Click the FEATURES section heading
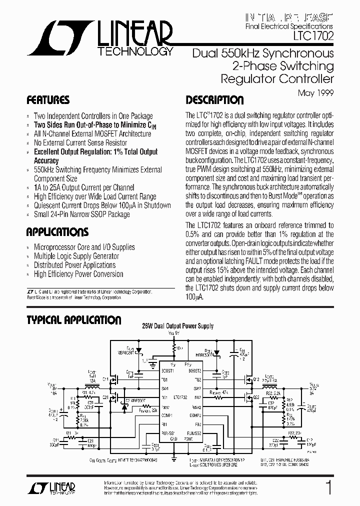[x=48, y=99]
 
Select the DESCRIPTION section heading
[x=214, y=99]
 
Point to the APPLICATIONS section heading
[x=57, y=232]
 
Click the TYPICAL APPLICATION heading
[x=73, y=320]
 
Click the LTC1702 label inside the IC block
[x=180, y=397]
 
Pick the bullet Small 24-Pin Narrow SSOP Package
[x=81, y=214]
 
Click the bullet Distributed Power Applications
[x=74, y=265]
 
